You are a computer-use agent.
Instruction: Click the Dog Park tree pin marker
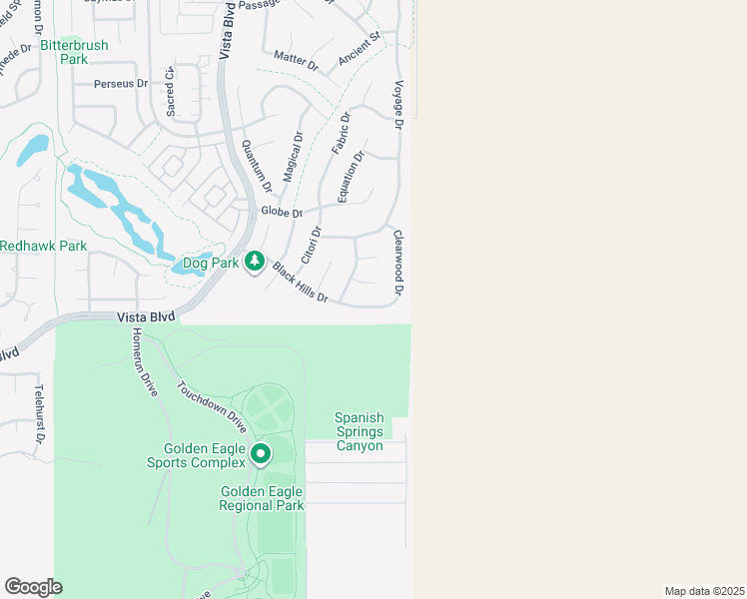255,262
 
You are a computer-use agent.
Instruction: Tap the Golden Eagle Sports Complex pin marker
261,455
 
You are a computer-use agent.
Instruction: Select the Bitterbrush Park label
74,52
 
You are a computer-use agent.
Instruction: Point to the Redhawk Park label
43,246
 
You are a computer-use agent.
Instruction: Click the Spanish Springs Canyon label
359,432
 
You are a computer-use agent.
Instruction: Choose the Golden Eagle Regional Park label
263,499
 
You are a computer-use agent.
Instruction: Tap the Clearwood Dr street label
398,264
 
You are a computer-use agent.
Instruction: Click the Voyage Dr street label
398,105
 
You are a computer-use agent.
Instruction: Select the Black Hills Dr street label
300,283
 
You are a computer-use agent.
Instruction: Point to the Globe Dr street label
281,213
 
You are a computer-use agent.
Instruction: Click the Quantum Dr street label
256,166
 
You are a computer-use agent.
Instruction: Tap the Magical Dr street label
293,157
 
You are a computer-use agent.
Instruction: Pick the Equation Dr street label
351,176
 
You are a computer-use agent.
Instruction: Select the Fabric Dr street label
341,132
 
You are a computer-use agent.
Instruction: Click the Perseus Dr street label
121,85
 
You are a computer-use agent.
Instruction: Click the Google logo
33,587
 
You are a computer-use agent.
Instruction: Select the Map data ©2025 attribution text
704,590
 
